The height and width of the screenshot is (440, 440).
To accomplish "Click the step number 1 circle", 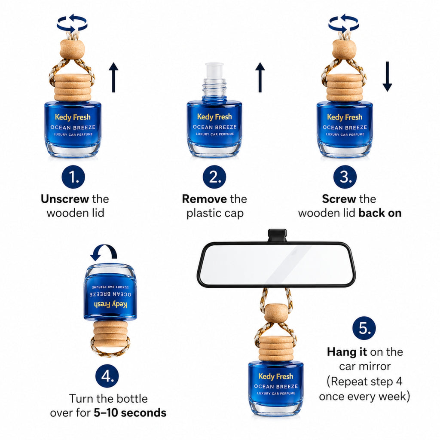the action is click(x=73, y=177).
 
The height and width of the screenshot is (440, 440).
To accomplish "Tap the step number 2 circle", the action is click(x=214, y=177).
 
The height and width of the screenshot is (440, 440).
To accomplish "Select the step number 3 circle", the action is click(x=345, y=177).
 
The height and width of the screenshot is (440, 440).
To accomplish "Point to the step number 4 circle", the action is click(x=107, y=376).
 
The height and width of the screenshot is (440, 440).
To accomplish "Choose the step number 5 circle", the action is click(x=364, y=328).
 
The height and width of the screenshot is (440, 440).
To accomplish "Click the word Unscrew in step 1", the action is click(x=65, y=199).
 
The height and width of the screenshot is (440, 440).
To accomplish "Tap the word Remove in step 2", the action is click(x=205, y=199).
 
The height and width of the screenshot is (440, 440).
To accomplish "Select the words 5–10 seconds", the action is click(x=130, y=413).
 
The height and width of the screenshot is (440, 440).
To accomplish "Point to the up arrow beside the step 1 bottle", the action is click(x=113, y=77).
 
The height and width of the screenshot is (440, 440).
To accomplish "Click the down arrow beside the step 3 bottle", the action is click(x=387, y=76).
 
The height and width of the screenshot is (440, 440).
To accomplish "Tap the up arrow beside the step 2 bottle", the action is click(x=260, y=77).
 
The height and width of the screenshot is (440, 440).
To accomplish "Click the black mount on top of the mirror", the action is click(x=277, y=235).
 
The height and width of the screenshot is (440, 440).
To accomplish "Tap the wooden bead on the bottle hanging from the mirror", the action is click(x=276, y=313).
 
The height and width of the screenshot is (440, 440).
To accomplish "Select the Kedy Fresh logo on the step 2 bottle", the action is click(x=214, y=116).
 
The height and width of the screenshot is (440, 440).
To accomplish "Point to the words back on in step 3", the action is click(x=380, y=213).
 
